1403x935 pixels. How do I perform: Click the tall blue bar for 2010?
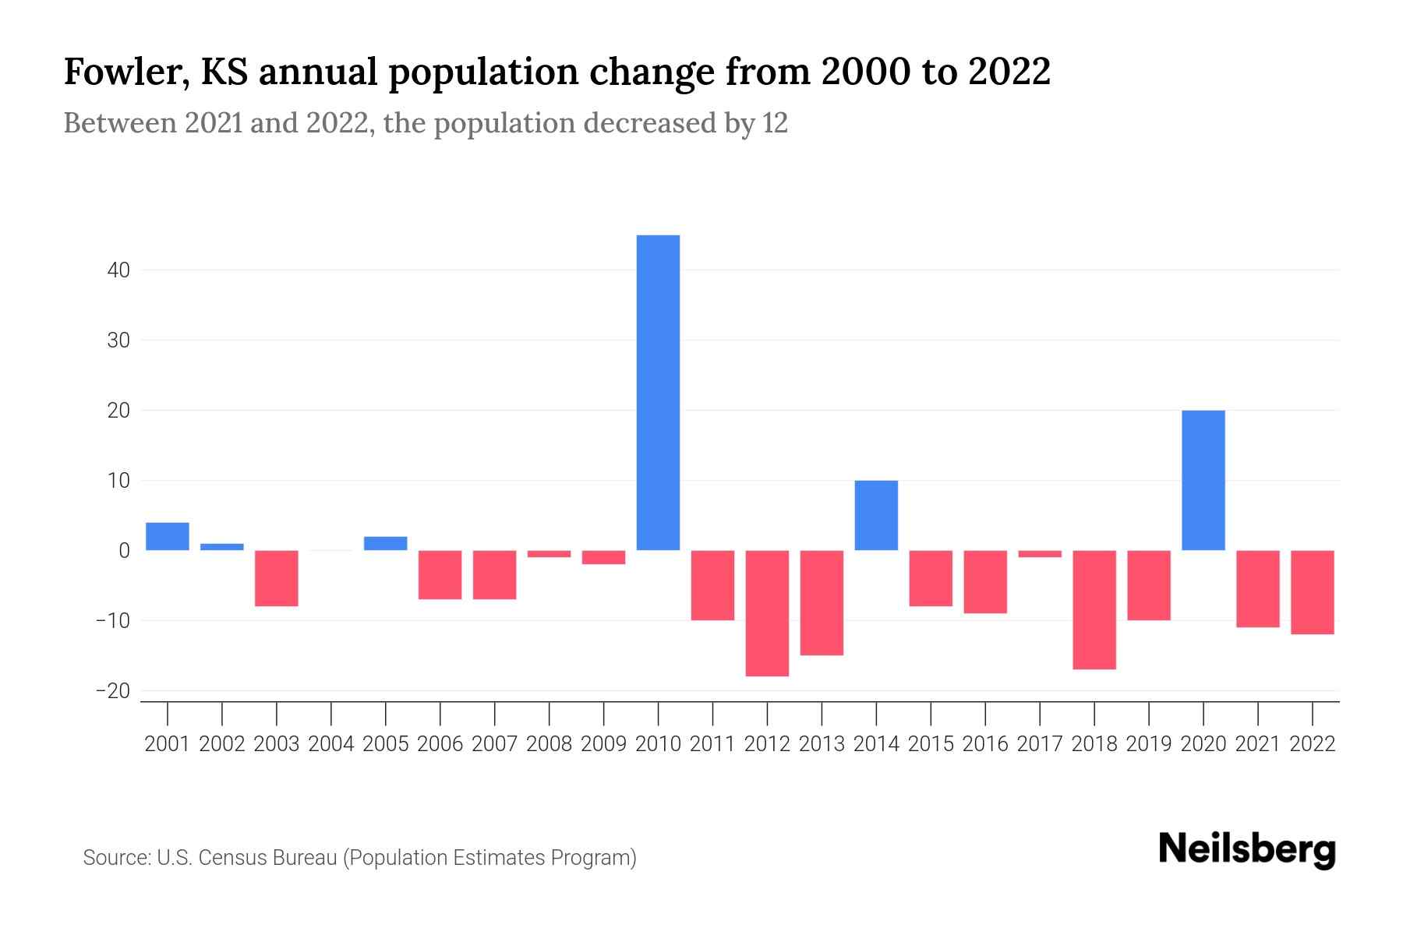point(658,392)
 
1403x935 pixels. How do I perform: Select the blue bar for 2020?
point(1203,480)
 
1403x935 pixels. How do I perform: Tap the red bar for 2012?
point(767,613)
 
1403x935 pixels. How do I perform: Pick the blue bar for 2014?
point(876,515)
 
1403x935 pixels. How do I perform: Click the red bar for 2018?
point(1094,609)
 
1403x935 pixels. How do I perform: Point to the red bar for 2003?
point(277,578)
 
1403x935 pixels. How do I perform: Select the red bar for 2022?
point(1312,592)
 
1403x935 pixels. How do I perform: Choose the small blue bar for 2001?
point(168,536)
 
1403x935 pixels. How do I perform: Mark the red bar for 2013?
point(822,602)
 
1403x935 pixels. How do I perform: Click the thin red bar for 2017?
point(1039,554)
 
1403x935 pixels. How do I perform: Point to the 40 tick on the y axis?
point(119,270)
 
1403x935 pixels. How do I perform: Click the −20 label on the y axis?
point(113,691)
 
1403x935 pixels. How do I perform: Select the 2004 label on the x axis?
point(331,744)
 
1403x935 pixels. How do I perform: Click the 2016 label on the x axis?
point(985,744)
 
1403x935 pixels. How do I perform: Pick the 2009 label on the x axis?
point(603,744)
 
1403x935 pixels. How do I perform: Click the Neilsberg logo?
point(1247,849)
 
